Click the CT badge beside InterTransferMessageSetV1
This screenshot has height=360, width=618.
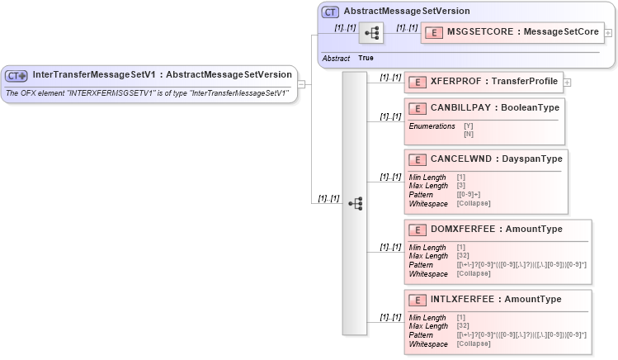pos(17,75)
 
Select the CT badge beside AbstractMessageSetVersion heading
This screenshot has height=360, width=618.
pos(330,12)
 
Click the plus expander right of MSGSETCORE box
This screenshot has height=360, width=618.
pos(608,33)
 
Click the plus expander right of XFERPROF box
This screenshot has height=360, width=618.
pos(568,82)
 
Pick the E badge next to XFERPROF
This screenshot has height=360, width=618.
pos(418,82)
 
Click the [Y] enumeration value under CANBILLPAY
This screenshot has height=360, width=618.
pos(468,126)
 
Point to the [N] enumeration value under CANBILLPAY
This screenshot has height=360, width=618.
pos(468,134)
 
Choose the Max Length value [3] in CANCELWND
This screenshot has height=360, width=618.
pos(461,185)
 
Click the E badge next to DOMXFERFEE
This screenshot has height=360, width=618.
pos(418,229)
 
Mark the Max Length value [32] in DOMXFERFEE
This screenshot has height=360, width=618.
pos(463,255)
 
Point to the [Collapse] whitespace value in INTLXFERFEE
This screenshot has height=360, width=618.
pos(474,343)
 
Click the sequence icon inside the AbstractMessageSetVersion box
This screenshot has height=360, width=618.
pos(372,33)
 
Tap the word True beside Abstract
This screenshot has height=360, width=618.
pos(366,59)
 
